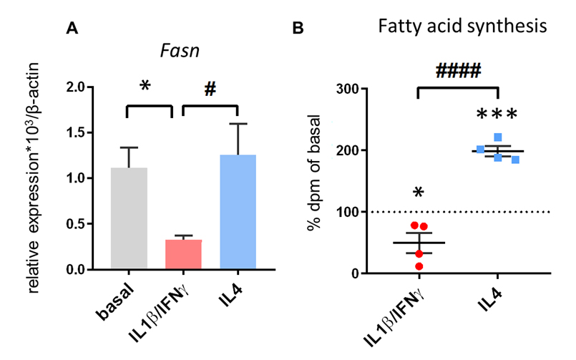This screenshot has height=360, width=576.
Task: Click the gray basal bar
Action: [128, 218]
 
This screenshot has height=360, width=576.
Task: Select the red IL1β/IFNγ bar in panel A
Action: [183, 255]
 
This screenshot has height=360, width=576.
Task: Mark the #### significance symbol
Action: [457, 70]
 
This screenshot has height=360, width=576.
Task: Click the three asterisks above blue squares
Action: [496, 115]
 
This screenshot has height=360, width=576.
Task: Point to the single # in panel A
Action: [210, 89]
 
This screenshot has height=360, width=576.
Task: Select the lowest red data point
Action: [419, 266]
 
